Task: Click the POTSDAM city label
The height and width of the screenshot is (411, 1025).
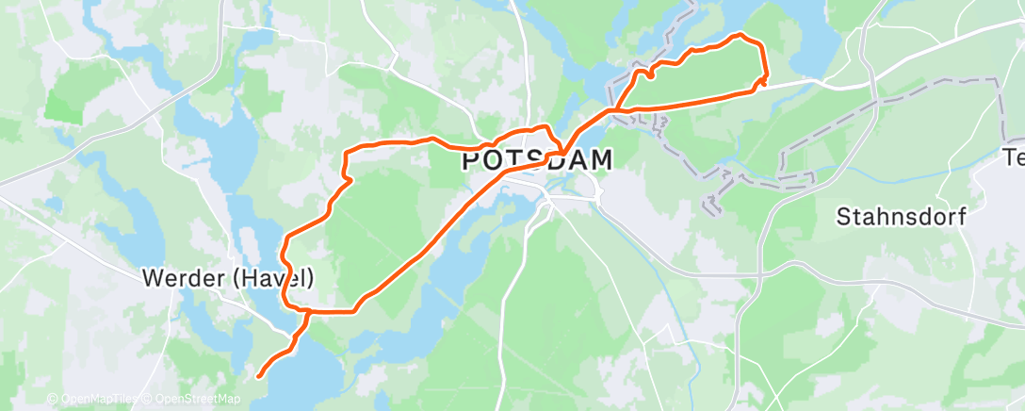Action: [x=537, y=161]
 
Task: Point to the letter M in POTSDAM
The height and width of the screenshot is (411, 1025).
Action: [x=599, y=161]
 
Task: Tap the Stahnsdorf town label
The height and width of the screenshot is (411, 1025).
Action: [x=902, y=218]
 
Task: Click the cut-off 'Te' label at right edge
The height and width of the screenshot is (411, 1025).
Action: [x=1013, y=158]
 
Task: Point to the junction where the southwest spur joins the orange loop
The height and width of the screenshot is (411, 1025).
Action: [x=307, y=310]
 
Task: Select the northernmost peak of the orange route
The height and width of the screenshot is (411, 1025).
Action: [x=740, y=35]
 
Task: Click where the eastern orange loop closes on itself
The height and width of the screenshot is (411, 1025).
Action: [x=613, y=111]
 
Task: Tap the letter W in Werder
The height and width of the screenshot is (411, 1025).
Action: [x=152, y=279]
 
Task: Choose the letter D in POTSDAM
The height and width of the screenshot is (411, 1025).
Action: [x=549, y=161]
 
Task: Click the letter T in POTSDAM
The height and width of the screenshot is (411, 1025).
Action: [x=512, y=161]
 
